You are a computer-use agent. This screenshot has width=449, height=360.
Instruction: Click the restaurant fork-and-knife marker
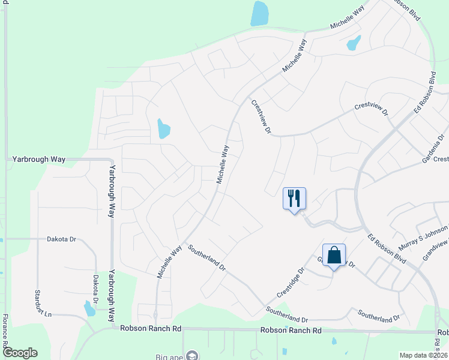point(294,198)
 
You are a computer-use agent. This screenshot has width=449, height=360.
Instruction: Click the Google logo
point(19,353)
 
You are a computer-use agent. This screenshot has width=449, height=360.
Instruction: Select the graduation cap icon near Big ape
point(192,355)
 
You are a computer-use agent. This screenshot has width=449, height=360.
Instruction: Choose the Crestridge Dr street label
point(291,282)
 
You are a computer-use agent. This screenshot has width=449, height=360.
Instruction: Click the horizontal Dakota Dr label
point(62,239)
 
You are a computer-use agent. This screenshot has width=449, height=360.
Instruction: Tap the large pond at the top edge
point(259,13)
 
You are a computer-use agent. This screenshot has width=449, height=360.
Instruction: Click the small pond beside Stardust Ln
point(89,308)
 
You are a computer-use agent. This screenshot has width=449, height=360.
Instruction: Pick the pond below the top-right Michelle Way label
point(354,43)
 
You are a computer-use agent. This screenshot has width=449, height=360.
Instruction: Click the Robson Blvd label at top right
point(406,9)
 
